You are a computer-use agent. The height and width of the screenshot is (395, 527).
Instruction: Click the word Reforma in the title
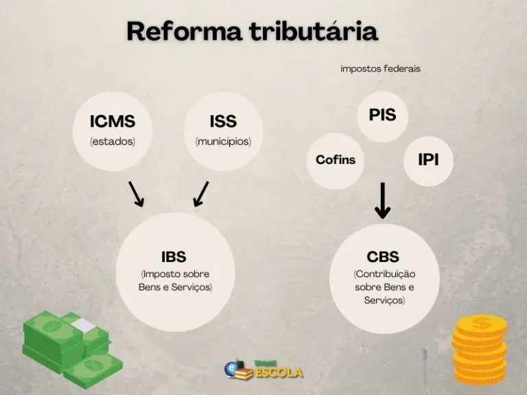click(184, 32)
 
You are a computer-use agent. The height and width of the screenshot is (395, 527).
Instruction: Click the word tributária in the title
click(314, 31)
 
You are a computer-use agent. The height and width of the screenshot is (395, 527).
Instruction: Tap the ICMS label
click(113, 121)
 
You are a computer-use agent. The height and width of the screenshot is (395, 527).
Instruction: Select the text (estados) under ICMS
click(113, 141)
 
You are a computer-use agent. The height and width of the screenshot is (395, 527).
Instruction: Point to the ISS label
click(223, 121)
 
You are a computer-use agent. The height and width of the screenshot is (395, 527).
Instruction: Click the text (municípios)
click(223, 141)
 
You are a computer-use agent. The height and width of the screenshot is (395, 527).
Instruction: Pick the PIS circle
click(382, 116)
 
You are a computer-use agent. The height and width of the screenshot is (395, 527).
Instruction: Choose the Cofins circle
click(336, 161)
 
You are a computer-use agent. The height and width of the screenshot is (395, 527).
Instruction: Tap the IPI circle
click(428, 161)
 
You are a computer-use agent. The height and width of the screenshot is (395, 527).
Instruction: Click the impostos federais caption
click(380, 69)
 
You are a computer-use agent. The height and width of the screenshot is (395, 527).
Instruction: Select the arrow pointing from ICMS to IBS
click(136, 194)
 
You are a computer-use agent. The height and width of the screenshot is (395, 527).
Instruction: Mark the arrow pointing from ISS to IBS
click(200, 194)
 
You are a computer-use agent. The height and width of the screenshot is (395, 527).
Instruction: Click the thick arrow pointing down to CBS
click(382, 201)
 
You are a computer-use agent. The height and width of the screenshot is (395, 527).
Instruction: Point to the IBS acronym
click(174, 256)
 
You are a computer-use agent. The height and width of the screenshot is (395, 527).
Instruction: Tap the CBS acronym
click(383, 257)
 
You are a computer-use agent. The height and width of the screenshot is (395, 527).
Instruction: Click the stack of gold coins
click(480, 348)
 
